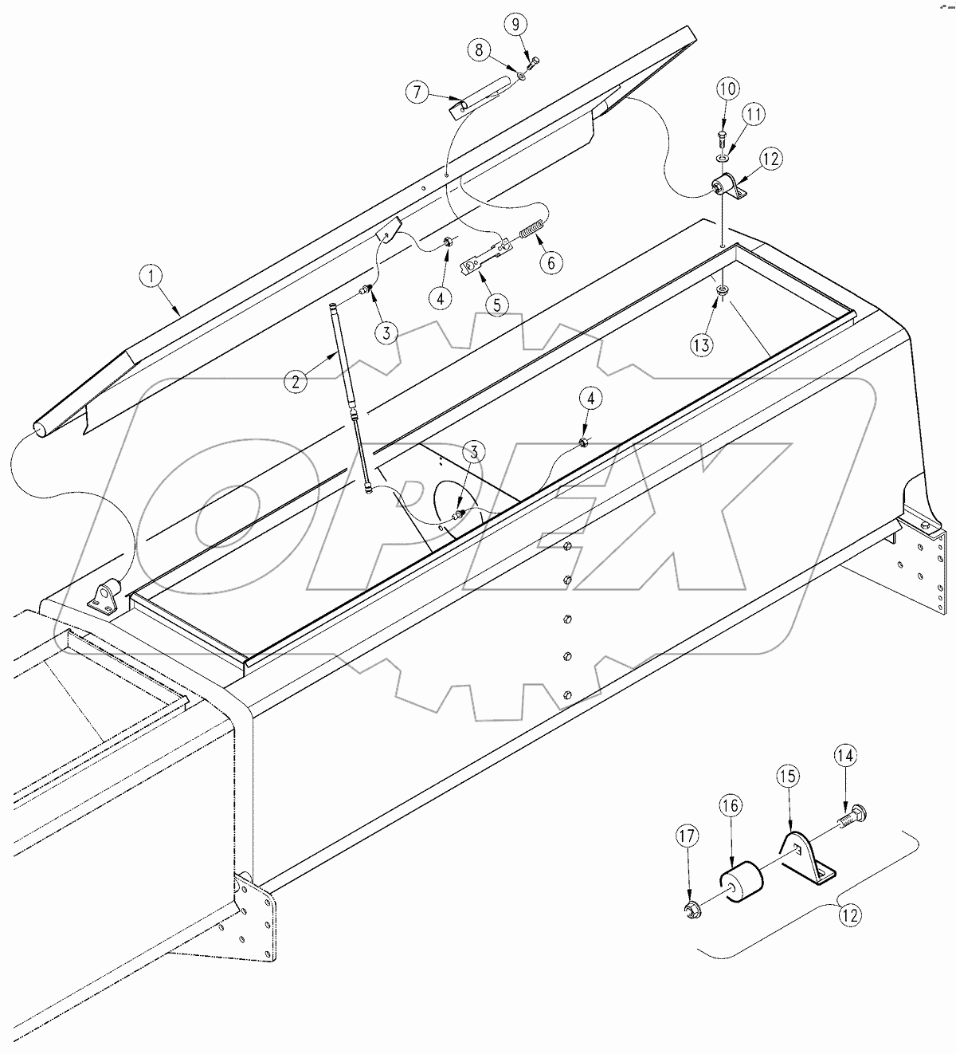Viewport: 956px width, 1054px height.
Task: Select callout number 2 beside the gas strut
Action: [296, 382]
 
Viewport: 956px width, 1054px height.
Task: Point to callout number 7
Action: [417, 92]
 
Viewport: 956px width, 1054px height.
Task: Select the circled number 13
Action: [702, 344]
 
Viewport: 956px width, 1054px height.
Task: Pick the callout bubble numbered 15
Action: [788, 777]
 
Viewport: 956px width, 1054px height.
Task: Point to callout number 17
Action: [687, 837]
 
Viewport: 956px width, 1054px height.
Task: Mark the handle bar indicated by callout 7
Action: [482, 96]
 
